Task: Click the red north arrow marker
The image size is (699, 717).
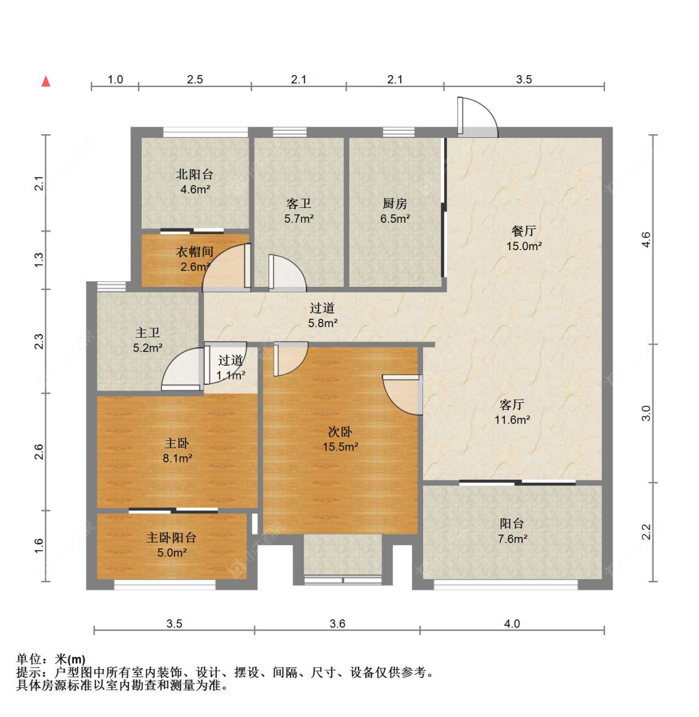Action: click(x=46, y=81)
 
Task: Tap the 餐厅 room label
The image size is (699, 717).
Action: click(x=524, y=230)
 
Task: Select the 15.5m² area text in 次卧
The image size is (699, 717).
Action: click(x=340, y=447)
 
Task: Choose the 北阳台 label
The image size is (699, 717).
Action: click(x=195, y=174)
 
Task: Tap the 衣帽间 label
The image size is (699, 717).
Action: click(x=195, y=251)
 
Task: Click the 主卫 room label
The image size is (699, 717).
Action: click(x=147, y=333)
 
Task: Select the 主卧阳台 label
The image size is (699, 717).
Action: click(x=171, y=538)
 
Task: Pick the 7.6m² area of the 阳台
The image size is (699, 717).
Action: click(x=512, y=539)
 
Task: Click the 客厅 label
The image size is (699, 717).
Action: click(x=512, y=404)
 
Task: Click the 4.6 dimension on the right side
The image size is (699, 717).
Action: click(x=646, y=240)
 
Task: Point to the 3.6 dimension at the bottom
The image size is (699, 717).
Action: click(x=337, y=623)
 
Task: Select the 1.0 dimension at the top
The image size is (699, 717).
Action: click(x=116, y=79)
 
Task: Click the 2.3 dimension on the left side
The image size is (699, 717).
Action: click(x=39, y=341)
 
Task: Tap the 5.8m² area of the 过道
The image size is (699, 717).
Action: click(x=322, y=323)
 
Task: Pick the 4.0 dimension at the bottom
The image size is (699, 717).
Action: click(x=512, y=623)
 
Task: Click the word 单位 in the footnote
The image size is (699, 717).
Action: click(x=29, y=659)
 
